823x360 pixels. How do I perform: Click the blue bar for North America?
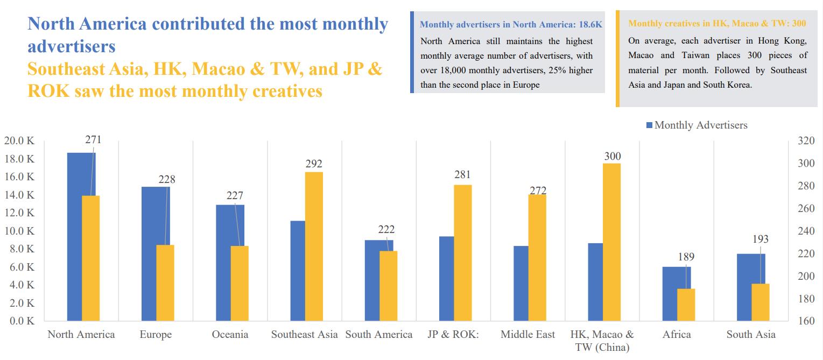point(74,237)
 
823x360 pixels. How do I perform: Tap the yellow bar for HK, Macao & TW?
point(611,242)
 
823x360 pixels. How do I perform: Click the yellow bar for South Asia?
point(760,302)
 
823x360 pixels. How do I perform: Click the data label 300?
point(612,156)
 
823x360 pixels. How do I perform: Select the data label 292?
point(314,164)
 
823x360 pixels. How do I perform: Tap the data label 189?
point(686,257)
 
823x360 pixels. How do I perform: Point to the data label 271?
point(93,140)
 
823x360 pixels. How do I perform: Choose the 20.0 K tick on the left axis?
point(19,141)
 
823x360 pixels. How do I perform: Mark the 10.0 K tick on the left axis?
point(19,231)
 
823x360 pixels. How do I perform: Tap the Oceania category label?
point(230,334)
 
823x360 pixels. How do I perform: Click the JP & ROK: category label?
point(453,334)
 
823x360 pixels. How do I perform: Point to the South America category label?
point(379,334)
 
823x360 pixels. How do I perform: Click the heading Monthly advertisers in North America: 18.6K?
point(511,24)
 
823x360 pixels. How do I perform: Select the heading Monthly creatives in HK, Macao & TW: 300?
point(717,24)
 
